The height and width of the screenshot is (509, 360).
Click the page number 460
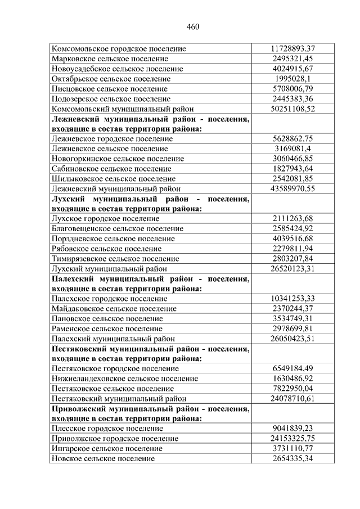(x=192, y=26)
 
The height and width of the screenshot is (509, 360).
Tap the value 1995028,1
(x=292, y=79)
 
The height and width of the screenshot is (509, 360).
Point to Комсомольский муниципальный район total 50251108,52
(x=292, y=109)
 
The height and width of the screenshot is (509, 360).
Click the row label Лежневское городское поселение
(x=111, y=139)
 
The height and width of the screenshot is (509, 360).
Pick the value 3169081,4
(x=292, y=148)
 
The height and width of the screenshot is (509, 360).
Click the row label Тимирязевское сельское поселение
(x=115, y=259)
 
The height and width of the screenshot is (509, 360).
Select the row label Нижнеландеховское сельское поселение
(x=124, y=379)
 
